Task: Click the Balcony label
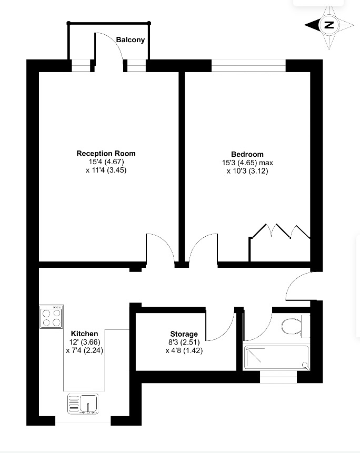pyautogui.click(x=131, y=40)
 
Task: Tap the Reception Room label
pyautogui.click(x=106, y=154)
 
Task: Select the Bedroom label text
pyautogui.click(x=247, y=154)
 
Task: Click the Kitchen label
pyautogui.click(x=84, y=334)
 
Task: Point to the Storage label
pyautogui.click(x=184, y=334)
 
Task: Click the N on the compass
pyautogui.click(x=328, y=25)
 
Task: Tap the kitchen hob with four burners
pyautogui.click(x=52, y=317)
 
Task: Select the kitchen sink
pyautogui.click(x=83, y=404)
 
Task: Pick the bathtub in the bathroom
pyautogui.click(x=276, y=357)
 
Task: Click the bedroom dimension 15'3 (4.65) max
pyautogui.click(x=247, y=163)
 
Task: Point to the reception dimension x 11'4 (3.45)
pyautogui.click(x=106, y=170)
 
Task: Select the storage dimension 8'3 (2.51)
pyautogui.click(x=184, y=343)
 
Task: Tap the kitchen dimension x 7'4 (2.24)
pyautogui.click(x=84, y=350)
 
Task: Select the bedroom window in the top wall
pyautogui.click(x=248, y=66)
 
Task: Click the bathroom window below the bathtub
pyautogui.click(x=278, y=377)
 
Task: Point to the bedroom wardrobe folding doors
pyautogui.click(x=280, y=231)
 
